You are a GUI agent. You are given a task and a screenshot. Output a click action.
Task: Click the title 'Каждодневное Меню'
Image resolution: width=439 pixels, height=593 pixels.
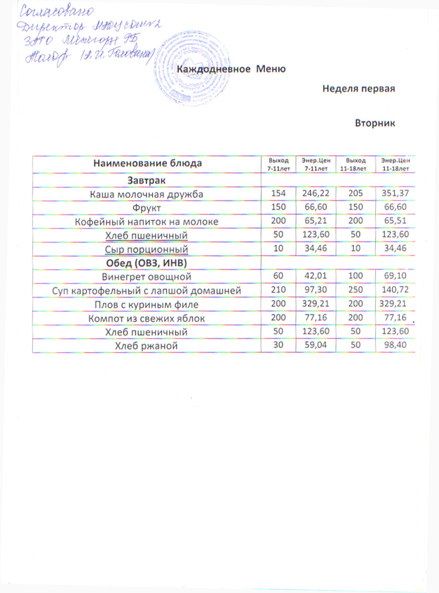click(231, 69)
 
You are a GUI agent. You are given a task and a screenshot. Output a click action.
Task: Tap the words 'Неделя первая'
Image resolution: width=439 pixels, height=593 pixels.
click(358, 89)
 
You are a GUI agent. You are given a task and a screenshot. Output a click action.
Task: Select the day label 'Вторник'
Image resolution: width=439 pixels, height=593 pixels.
click(375, 123)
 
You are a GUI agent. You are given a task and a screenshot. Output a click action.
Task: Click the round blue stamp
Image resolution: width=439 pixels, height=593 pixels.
click(191, 68)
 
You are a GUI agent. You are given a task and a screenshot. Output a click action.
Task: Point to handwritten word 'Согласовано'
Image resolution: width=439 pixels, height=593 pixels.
click(56, 11)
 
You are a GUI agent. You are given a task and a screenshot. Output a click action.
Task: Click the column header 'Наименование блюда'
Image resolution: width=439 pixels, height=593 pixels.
click(147, 163)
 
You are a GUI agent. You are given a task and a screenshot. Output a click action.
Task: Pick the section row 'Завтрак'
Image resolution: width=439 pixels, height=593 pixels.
click(146, 180)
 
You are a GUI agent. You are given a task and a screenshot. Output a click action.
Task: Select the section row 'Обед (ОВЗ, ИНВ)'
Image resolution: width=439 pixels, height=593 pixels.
click(146, 263)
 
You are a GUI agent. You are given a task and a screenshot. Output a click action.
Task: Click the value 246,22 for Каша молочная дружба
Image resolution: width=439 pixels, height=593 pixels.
click(315, 193)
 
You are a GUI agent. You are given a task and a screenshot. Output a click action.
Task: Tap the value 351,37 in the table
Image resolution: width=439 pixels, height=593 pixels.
click(395, 193)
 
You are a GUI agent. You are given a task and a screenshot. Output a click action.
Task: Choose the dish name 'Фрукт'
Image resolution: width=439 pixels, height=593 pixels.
click(146, 208)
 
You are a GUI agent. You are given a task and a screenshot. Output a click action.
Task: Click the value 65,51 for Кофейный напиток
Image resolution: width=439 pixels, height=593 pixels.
click(395, 221)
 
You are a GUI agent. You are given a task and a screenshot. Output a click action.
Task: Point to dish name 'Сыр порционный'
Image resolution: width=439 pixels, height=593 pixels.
click(146, 249)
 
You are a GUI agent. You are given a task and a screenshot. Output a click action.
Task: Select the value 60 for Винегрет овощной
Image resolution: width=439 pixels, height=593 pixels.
click(278, 276)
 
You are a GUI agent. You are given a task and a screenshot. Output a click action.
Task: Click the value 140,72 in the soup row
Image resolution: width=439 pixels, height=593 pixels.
click(395, 290)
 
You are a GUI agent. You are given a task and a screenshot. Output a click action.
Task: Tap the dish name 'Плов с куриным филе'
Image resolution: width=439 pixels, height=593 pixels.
click(146, 305)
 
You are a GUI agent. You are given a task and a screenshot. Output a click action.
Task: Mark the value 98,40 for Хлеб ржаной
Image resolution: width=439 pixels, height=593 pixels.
click(395, 345)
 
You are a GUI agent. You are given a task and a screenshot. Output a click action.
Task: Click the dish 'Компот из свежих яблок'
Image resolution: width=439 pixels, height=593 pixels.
click(146, 318)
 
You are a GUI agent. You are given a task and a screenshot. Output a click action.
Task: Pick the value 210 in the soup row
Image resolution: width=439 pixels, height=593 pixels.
click(278, 290)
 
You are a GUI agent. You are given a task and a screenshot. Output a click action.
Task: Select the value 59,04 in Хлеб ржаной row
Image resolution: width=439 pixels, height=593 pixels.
click(315, 345)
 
